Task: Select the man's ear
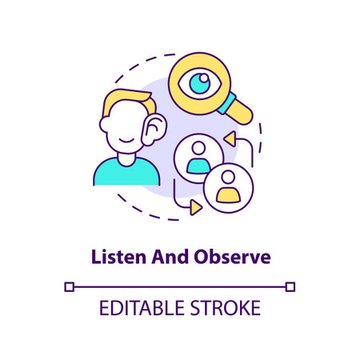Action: coord(153,127)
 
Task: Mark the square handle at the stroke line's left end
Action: coord(69,286)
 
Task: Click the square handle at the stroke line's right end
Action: coord(291,286)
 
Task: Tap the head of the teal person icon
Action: coord(196,148)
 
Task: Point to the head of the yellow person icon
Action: coord(229,178)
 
